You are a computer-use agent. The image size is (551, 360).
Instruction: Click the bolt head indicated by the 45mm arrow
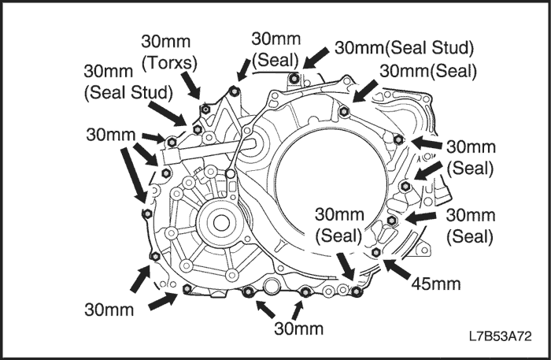(376, 252)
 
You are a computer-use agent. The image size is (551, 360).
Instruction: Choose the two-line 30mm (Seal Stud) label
(128, 82)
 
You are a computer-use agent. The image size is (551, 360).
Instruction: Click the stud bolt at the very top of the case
(294, 78)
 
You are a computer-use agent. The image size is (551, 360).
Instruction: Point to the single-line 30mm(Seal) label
(427, 71)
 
